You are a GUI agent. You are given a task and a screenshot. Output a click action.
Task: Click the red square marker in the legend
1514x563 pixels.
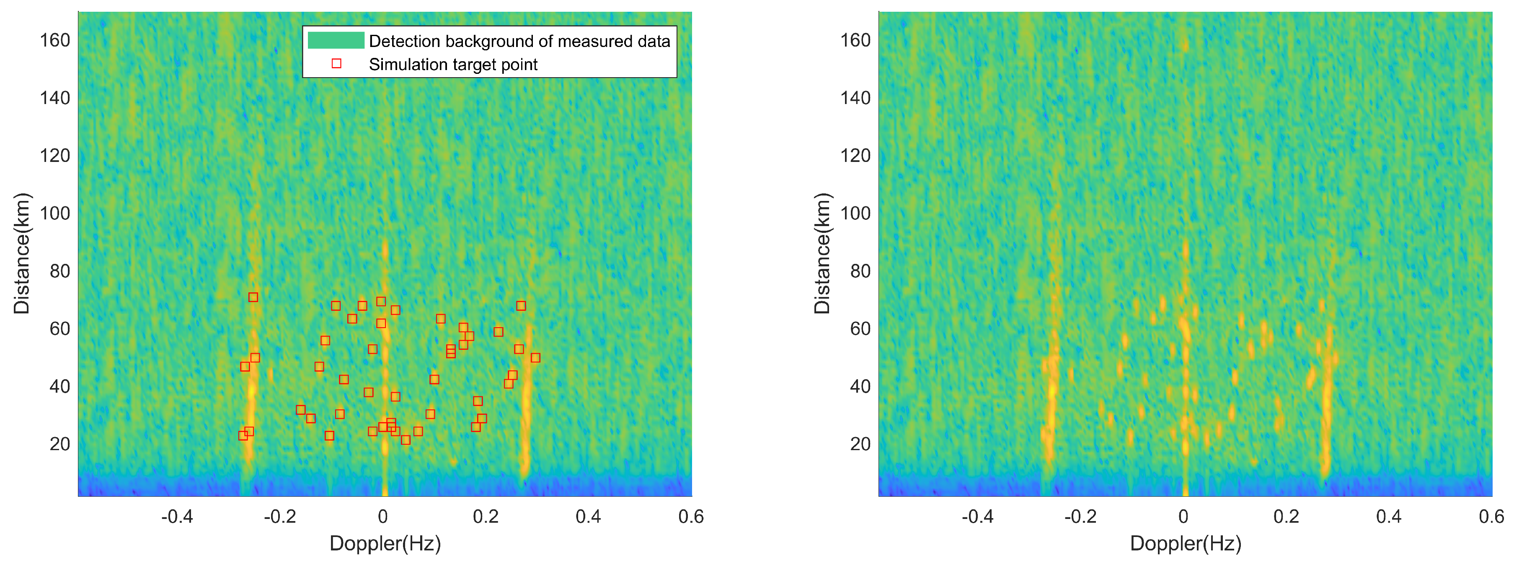point(336,63)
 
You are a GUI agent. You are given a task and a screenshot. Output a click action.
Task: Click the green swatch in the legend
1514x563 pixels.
point(336,41)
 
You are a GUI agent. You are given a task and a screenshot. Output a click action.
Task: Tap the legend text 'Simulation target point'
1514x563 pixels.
point(452,64)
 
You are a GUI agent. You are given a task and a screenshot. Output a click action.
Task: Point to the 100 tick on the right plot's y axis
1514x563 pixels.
point(855,213)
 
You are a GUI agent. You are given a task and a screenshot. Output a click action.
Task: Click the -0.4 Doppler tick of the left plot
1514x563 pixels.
point(177,516)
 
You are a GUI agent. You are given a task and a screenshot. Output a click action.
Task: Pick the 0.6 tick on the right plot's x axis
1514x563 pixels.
point(1491,516)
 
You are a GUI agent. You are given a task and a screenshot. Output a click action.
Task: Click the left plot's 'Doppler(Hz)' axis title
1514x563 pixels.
point(385,542)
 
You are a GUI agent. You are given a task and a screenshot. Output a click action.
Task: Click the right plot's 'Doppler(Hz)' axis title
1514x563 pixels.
point(1186,542)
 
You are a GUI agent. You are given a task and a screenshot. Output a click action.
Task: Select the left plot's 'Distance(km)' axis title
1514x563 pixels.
point(21,253)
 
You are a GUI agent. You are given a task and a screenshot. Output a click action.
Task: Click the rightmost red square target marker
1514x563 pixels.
point(535,358)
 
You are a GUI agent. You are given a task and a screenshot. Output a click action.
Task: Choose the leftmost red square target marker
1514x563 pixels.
point(243,435)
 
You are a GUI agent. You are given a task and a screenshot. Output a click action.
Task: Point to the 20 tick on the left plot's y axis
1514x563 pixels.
point(59,443)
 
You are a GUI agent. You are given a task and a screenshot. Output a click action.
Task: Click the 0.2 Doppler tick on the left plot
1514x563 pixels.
point(486,516)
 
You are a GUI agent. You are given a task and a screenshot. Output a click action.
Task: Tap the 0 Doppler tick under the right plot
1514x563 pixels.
point(1183,516)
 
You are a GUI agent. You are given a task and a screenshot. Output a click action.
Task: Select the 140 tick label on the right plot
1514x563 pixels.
point(855,98)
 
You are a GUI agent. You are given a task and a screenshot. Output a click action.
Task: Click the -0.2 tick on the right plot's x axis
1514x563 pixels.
point(1080,516)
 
